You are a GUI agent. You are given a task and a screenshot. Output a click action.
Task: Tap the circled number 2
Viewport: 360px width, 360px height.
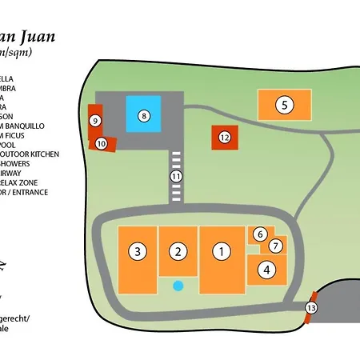(x=178, y=251)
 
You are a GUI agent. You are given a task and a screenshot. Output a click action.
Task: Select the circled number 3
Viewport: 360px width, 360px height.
(x=138, y=251)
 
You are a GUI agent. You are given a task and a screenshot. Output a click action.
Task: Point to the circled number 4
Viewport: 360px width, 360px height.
(x=267, y=270)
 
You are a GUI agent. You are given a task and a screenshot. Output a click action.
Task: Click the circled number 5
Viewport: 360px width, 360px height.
(x=282, y=103)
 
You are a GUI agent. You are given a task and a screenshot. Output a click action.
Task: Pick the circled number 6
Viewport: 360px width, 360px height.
(x=260, y=234)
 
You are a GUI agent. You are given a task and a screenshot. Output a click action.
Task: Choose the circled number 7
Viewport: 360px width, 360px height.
(x=274, y=246)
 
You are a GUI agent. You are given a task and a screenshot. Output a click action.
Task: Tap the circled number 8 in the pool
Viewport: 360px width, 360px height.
(x=144, y=115)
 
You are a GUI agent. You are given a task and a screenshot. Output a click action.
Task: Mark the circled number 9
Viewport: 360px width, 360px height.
(x=94, y=121)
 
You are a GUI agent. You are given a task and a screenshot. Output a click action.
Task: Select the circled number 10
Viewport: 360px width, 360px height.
(x=102, y=144)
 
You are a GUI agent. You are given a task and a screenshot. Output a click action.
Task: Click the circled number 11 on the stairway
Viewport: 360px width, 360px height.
(x=175, y=176)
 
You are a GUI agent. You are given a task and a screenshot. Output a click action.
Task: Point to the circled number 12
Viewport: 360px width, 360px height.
(x=225, y=138)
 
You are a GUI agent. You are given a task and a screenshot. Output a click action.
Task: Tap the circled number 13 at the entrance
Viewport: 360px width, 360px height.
(x=311, y=308)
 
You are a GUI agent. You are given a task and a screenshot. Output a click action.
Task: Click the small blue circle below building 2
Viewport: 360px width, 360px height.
(x=178, y=285)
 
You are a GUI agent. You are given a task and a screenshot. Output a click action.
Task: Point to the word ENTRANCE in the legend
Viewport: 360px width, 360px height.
(x=27, y=192)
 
